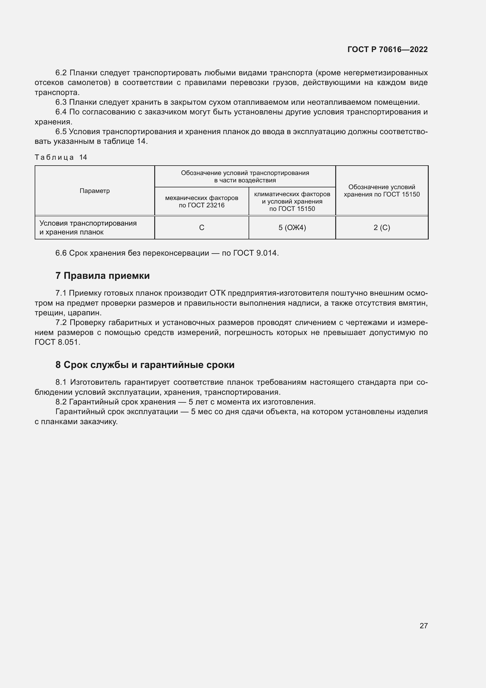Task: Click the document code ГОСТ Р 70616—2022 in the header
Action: point(388,49)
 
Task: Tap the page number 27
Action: point(423,626)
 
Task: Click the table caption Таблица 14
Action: point(61,157)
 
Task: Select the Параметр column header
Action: point(95,191)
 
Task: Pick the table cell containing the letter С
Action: point(202,228)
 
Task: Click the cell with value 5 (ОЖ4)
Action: point(292,228)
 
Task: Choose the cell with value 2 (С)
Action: point(382,228)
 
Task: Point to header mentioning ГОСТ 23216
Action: point(202,202)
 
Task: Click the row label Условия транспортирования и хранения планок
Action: point(88,228)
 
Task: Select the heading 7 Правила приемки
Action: point(102,276)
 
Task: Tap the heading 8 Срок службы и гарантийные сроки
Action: point(145,365)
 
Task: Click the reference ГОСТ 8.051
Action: point(57,342)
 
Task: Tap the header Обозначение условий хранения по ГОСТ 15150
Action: point(382,191)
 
